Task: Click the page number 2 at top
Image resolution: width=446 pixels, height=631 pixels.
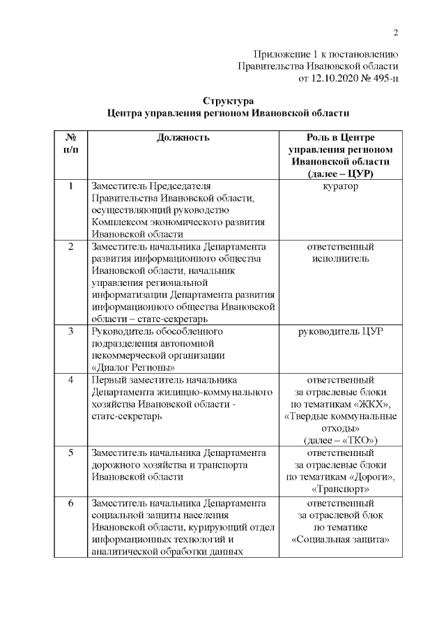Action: (x=395, y=33)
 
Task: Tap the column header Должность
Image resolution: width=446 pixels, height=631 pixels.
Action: (x=183, y=137)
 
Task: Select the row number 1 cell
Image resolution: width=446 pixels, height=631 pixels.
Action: (x=70, y=186)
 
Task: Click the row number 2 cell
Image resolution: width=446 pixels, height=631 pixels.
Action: (x=70, y=247)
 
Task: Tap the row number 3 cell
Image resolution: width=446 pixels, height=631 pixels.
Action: (x=70, y=331)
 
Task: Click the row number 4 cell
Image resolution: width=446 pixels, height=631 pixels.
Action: (x=70, y=380)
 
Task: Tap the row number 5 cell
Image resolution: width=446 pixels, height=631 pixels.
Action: (x=70, y=453)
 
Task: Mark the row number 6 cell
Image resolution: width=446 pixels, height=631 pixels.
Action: (x=70, y=502)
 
